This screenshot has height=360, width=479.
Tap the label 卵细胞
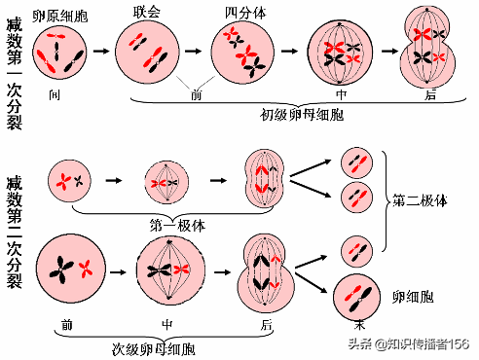[x=412, y=295]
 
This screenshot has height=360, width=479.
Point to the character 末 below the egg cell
[x=360, y=324]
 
